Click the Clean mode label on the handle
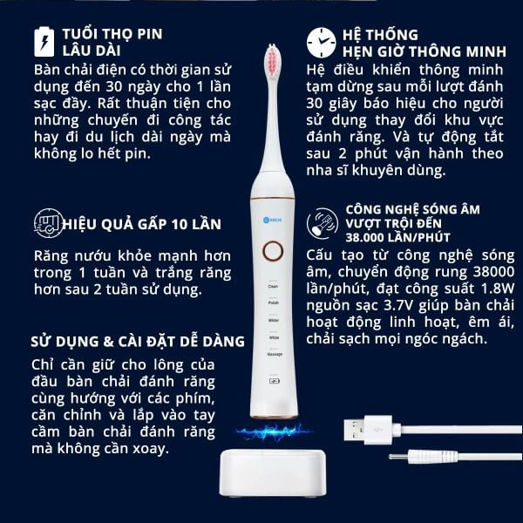pos(272,286)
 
